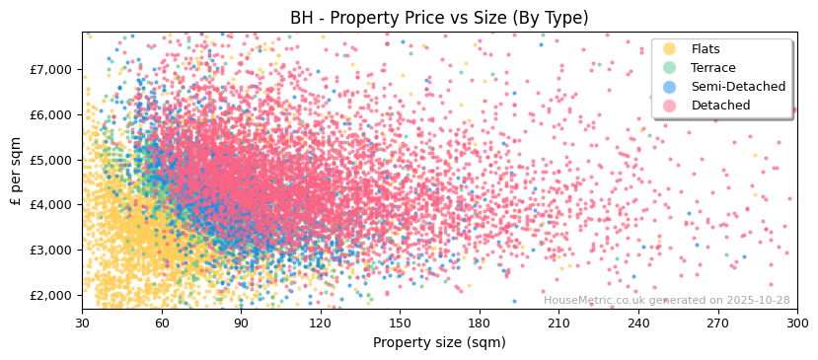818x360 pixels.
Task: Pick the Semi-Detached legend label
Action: pyautogui.click(x=738, y=87)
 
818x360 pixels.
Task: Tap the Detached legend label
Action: pyautogui.click(x=720, y=106)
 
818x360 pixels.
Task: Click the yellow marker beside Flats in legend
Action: pyautogui.click(x=670, y=49)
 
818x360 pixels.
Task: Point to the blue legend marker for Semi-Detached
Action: pyautogui.click(x=670, y=87)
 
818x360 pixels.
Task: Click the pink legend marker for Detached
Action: pyautogui.click(x=670, y=106)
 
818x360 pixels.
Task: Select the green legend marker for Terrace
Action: pyautogui.click(x=670, y=68)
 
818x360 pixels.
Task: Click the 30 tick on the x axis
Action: pyautogui.click(x=82, y=324)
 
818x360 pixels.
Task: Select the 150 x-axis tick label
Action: pyautogui.click(x=400, y=324)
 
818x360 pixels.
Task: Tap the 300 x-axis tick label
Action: pyautogui.click(x=796, y=324)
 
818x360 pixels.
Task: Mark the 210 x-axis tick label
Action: pyautogui.click(x=558, y=324)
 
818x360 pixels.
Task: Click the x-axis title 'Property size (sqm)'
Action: pyautogui.click(x=439, y=343)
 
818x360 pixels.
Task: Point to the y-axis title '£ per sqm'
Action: pyautogui.click(x=16, y=172)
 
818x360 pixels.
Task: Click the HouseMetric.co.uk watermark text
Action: pyautogui.click(x=666, y=301)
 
